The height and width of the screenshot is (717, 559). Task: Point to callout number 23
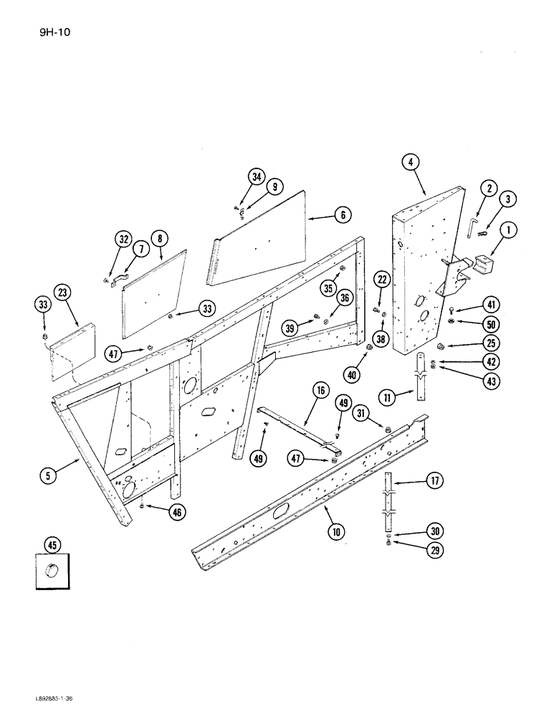pyautogui.click(x=63, y=293)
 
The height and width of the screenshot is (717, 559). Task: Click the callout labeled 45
pyautogui.click(x=52, y=546)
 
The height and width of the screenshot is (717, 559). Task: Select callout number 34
pyautogui.click(x=257, y=177)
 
